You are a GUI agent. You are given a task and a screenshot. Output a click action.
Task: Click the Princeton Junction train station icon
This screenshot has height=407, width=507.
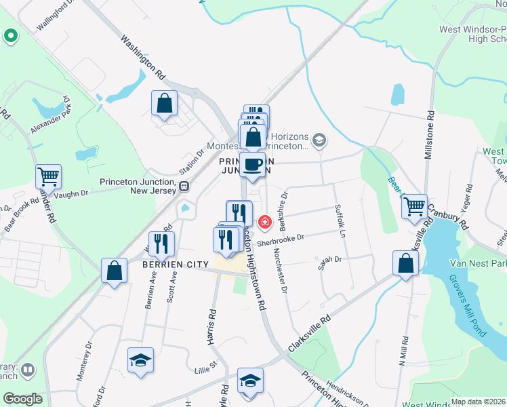point(184,185)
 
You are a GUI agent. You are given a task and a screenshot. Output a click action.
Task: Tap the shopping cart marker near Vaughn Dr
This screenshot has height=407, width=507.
point(49,177)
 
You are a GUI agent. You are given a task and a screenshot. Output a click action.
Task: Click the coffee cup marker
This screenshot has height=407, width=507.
point(252,165)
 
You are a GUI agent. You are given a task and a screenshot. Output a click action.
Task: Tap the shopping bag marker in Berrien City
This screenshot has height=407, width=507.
point(115,270)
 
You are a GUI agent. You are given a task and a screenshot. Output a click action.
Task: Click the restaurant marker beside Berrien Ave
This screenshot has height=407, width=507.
point(161,244)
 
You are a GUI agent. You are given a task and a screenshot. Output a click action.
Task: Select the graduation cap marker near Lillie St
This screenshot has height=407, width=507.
point(140,360)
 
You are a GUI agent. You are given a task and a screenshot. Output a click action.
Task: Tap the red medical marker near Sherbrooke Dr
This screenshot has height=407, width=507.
point(264,221)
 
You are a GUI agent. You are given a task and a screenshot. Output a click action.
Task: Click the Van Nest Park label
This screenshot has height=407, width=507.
point(474,263)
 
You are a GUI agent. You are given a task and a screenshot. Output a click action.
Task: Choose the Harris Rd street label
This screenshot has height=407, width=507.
point(212,325)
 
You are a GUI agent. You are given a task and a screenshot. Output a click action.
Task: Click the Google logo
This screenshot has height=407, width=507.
point(22,399)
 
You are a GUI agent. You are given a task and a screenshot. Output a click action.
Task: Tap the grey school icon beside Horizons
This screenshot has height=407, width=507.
point(319,141)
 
